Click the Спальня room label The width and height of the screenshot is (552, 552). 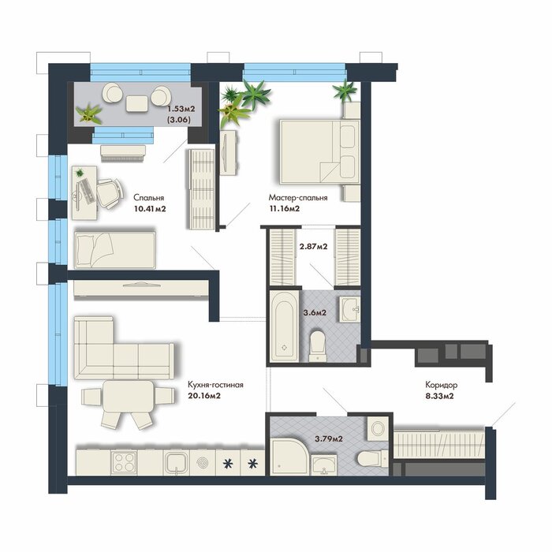click(x=148, y=197)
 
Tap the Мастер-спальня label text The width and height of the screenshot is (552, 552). click(x=298, y=197)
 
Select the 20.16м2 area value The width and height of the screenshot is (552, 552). click(x=204, y=396)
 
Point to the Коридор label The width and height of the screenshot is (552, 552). click(x=441, y=385)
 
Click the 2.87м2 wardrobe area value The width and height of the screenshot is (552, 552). click(x=313, y=246)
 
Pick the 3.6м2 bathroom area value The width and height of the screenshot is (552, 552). click(x=315, y=312)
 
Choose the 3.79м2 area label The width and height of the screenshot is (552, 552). click(x=329, y=439)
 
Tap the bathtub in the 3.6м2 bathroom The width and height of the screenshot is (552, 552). click(x=285, y=327)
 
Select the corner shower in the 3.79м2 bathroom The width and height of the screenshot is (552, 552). click(x=289, y=457)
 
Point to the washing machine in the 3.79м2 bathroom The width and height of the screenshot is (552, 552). click(x=378, y=428)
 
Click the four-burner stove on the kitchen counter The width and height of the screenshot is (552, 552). click(x=124, y=462)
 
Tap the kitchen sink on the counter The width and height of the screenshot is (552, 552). click(x=176, y=463)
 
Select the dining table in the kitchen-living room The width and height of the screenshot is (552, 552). click(x=128, y=397)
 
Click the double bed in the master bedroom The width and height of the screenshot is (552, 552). click(x=319, y=151)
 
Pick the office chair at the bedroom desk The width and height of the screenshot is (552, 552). click(x=110, y=192)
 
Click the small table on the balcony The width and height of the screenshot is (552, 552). click(x=136, y=103)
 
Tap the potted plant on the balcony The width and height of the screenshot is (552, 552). click(x=88, y=114)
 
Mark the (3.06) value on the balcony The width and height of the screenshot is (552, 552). click(x=179, y=120)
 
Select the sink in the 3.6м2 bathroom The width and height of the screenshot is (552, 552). click(x=349, y=309)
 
